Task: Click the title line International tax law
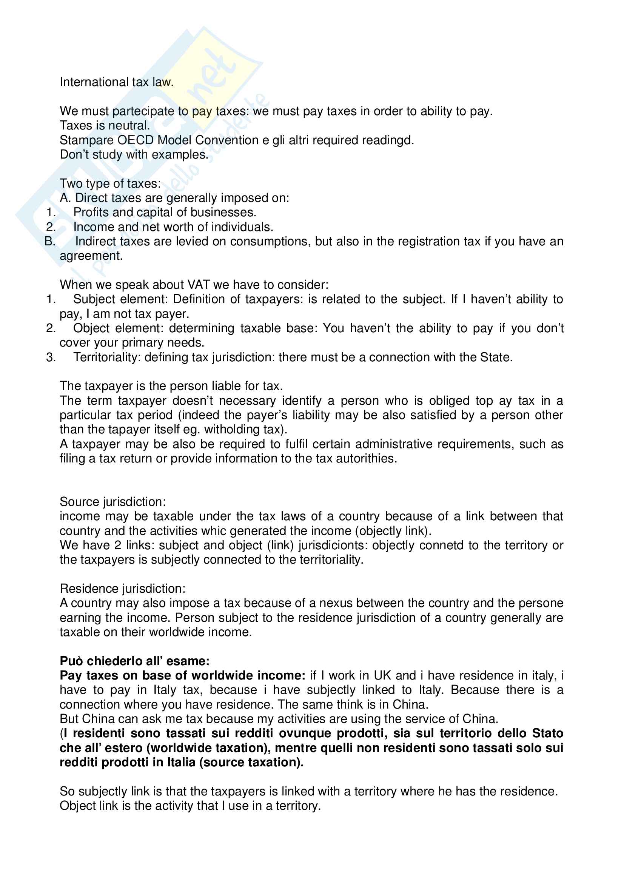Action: coord(117,82)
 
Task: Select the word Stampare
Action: coord(87,140)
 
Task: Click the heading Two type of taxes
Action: coord(110,183)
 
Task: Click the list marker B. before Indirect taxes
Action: coord(50,241)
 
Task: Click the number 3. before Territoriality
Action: coord(51,357)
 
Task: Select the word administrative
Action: coord(394,444)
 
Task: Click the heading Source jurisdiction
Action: coord(112,501)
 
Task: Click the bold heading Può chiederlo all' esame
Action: coord(134,661)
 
